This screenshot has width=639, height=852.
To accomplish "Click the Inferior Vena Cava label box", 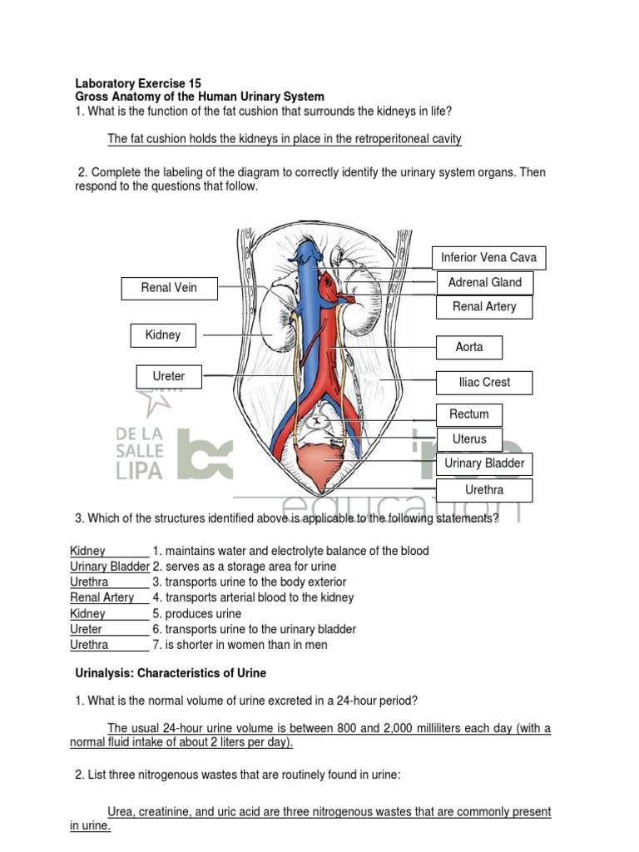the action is pyautogui.click(x=488, y=258).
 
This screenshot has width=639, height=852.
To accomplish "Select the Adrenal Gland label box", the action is pyautogui.click(x=484, y=283).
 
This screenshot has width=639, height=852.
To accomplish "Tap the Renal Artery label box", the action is pyautogui.click(x=484, y=307).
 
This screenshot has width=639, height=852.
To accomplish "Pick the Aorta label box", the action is pyautogui.click(x=469, y=347).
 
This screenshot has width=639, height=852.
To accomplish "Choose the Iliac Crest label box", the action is pyautogui.click(x=484, y=383).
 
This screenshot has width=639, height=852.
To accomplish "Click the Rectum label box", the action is pyautogui.click(x=469, y=414).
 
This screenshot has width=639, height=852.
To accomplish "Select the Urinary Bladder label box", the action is pyautogui.click(x=484, y=463).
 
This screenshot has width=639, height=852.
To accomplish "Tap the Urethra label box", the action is pyautogui.click(x=484, y=490).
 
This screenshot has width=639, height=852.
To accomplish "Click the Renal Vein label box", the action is pyautogui.click(x=169, y=289).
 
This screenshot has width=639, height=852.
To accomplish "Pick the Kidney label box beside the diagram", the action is pyautogui.click(x=163, y=335).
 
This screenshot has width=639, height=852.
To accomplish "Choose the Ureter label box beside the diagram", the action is pyautogui.click(x=169, y=377).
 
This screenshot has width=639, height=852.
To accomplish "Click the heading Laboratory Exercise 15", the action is pyautogui.click(x=137, y=83).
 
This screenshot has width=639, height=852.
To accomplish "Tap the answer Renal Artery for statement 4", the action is pyautogui.click(x=102, y=597).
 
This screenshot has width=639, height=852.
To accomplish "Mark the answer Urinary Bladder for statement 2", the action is pyautogui.click(x=109, y=567).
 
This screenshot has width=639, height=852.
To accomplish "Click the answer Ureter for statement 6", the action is pyautogui.click(x=86, y=629).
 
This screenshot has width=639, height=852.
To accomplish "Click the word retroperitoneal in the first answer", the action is pyautogui.click(x=363, y=139).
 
